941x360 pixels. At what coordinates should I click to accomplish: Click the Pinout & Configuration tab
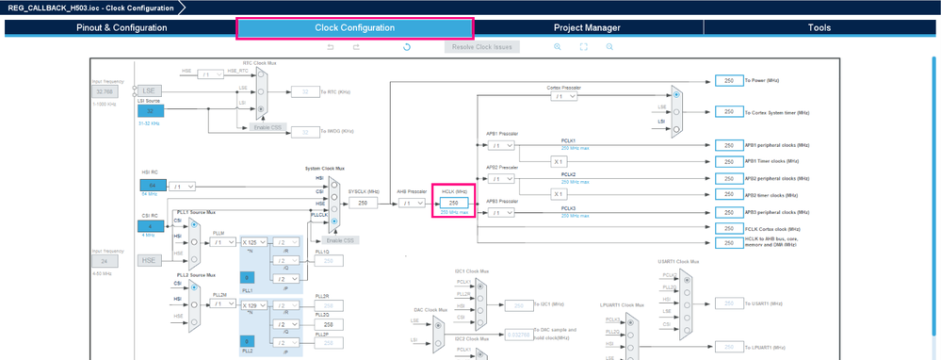coord(122,27)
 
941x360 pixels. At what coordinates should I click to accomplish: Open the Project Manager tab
coord(587,27)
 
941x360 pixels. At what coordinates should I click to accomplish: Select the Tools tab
coord(819,27)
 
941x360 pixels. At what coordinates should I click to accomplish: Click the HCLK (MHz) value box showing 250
coord(453,203)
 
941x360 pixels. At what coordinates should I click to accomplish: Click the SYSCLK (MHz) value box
coord(363,203)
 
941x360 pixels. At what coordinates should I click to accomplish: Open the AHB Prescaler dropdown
coord(412,203)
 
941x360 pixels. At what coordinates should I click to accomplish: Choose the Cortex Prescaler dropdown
coord(563,96)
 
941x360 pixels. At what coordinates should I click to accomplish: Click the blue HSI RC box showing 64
coord(152,186)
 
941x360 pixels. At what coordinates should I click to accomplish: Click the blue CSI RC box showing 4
coord(150,226)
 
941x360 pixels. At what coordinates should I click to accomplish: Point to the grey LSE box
coord(149,91)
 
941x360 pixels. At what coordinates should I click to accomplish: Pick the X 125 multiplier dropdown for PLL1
coord(253,242)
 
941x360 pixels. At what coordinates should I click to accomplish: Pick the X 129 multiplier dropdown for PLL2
coord(253,305)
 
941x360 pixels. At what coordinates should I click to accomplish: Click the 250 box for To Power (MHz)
coord(728,81)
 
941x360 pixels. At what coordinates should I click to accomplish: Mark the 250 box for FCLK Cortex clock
coord(728,228)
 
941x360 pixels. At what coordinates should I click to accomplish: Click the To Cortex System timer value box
coord(728,112)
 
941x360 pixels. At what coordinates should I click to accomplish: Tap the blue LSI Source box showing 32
coord(150,111)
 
